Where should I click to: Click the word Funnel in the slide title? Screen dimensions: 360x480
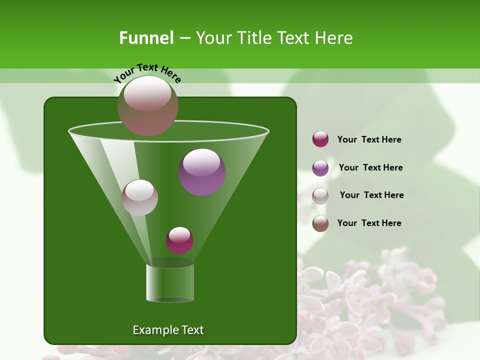pos(146,38)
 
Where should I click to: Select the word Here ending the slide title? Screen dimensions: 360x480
pos(334,38)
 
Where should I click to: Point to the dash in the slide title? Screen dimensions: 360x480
pos(184,38)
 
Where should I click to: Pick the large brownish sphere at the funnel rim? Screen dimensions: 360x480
pos(148,106)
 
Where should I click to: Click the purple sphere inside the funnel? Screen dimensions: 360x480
pos(202,172)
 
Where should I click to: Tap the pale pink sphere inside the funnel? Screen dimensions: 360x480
pos(139,197)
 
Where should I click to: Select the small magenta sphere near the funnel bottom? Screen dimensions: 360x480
pos(179,240)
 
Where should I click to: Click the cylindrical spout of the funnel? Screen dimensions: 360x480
pos(170,282)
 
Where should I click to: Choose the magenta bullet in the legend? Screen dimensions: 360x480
pos(320,139)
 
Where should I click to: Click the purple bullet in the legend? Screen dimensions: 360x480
pos(320,168)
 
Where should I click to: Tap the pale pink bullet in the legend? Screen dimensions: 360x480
pos(320,196)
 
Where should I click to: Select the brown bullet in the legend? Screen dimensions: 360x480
pos(320,223)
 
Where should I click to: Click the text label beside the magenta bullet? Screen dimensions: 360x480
pos(369,139)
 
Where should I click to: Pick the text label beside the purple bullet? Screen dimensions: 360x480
pos(370,167)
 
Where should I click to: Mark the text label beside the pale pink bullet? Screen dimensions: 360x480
pos(371,195)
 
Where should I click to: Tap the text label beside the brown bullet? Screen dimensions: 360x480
pos(369,223)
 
